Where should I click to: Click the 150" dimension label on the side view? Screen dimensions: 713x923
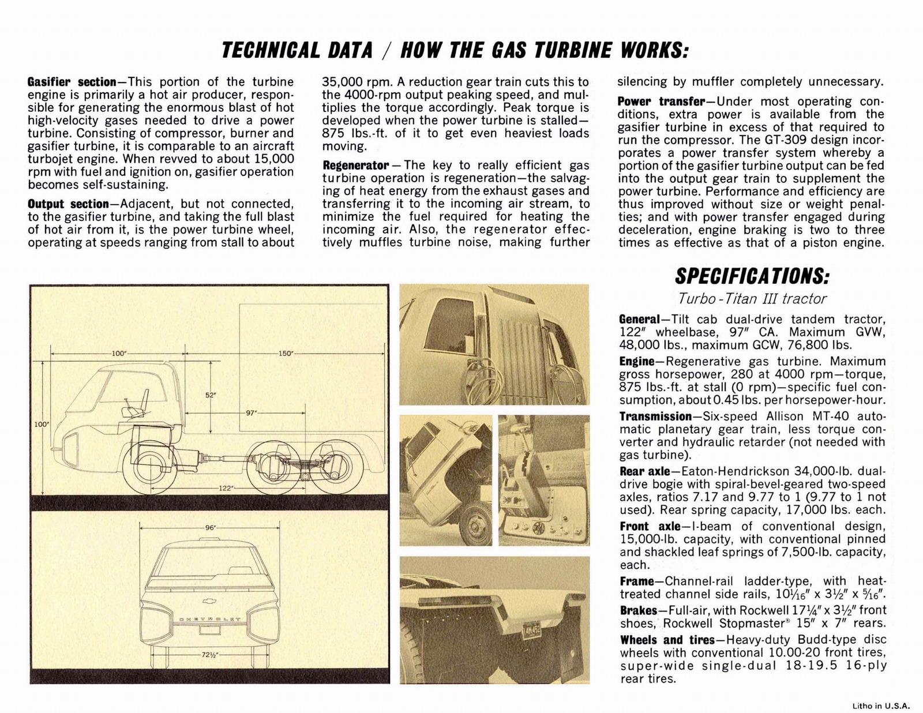coord(286,353)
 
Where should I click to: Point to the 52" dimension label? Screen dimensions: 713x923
coord(211,395)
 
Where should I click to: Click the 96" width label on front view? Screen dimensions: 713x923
coord(211,527)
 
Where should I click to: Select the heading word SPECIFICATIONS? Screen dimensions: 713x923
coord(752,276)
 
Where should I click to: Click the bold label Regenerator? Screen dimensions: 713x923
coord(355,166)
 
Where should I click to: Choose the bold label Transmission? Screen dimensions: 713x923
coord(655,416)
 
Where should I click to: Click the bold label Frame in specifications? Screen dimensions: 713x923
coord(637,581)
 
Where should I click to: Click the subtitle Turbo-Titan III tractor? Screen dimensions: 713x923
coord(752,299)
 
